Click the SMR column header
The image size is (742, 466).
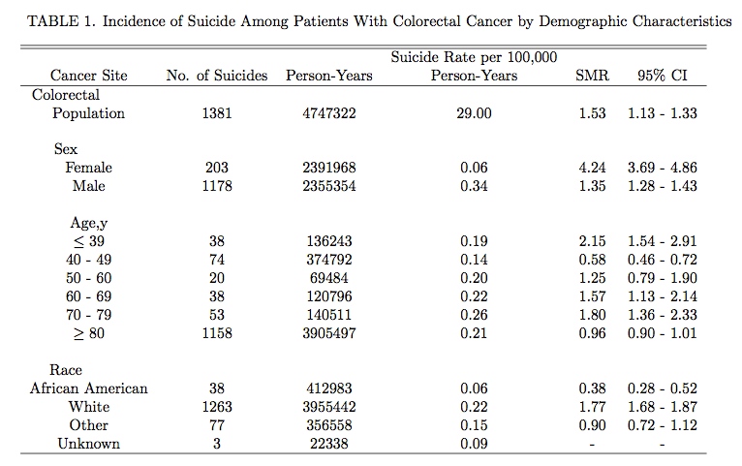pyautogui.click(x=592, y=76)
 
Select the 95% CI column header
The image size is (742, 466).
pyautogui.click(x=662, y=76)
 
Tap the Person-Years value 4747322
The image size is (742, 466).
pyautogui.click(x=329, y=113)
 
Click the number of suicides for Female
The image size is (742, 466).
pyautogui.click(x=217, y=168)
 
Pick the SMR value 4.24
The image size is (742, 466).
pyautogui.click(x=592, y=168)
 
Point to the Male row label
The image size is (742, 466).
pyautogui.click(x=89, y=186)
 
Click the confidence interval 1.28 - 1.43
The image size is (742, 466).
pyautogui.click(x=662, y=186)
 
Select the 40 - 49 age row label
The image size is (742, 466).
pyautogui.click(x=89, y=260)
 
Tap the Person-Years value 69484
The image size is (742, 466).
pyautogui.click(x=329, y=278)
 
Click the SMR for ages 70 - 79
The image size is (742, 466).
pyautogui.click(x=592, y=315)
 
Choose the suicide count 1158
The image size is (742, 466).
pyautogui.click(x=217, y=333)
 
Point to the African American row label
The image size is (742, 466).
pyautogui.click(x=89, y=388)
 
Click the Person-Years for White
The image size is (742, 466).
pyautogui.click(x=329, y=407)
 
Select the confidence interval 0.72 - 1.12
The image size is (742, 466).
pyautogui.click(x=662, y=425)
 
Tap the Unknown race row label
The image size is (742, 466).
pyautogui.click(x=89, y=444)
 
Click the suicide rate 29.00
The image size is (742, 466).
pyautogui.click(x=474, y=113)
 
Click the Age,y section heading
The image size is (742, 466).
pyautogui.click(x=89, y=223)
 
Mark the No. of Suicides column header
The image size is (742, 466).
pyautogui.click(x=217, y=76)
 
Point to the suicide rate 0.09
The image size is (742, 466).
pyautogui.click(x=474, y=444)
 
